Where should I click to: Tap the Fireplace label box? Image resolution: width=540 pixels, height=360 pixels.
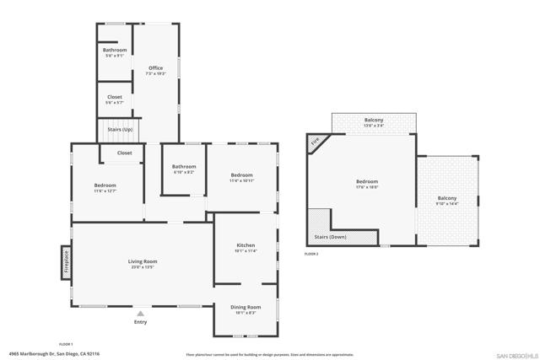(x=65, y=261)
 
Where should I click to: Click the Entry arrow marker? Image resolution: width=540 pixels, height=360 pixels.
(x=140, y=313)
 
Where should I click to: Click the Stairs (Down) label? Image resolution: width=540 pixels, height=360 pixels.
(x=350, y=237)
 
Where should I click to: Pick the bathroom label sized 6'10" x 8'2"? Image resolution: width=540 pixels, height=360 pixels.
(x=184, y=169)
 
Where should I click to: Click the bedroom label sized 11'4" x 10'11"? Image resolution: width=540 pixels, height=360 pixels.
(x=241, y=177)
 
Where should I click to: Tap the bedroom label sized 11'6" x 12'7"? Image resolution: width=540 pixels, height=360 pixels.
(x=105, y=187)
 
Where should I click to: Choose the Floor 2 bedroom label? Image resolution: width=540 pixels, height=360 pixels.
(x=367, y=185)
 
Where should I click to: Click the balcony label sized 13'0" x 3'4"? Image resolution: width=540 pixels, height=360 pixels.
(x=374, y=123)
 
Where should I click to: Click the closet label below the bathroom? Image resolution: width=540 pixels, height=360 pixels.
(x=115, y=99)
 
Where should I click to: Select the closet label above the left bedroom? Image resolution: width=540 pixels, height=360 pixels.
(x=124, y=153)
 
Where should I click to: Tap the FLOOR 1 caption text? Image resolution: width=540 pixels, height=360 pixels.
(x=66, y=344)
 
